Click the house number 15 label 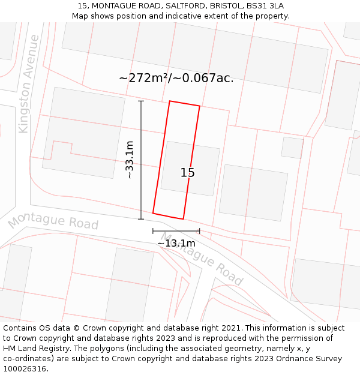[188, 173]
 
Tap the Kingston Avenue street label [29, 83]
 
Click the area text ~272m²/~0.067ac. [176, 78]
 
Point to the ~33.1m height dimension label [129, 160]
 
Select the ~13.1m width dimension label [176, 244]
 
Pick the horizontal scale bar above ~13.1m [176, 231]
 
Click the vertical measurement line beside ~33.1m [142, 160]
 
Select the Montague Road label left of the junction [53, 221]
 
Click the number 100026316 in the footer [24, 369]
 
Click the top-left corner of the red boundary [170, 101]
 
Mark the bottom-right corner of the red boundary [183, 219]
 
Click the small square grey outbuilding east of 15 [292, 148]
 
